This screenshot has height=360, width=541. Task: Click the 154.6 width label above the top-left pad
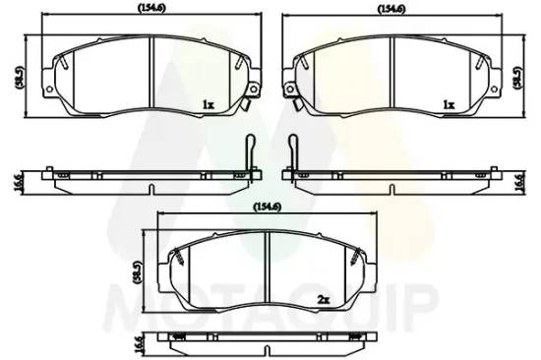point(151,9)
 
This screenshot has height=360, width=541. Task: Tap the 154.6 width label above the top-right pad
point(391,9)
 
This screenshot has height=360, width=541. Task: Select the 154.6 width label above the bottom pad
point(268,207)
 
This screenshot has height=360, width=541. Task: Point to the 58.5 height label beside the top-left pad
point(20,77)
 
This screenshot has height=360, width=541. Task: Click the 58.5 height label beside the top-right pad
point(517,78)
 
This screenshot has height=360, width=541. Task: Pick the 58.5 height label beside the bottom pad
point(137,272)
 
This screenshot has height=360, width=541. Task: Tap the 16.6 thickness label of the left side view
point(19,183)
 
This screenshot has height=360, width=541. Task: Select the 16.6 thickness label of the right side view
point(521,183)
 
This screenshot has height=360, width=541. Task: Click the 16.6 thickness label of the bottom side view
point(139,346)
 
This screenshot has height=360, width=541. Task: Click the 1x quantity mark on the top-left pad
point(209,104)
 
